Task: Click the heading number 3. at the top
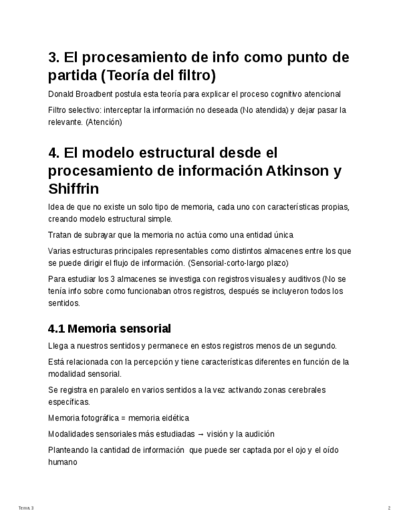[x=54, y=58]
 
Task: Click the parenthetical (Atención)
[x=104, y=122]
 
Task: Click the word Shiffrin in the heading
[x=73, y=189]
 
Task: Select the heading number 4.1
[x=56, y=329]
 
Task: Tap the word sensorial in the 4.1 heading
[x=144, y=329]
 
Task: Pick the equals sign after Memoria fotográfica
[x=122, y=418]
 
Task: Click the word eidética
[x=174, y=418]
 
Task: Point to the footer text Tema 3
[x=26, y=508]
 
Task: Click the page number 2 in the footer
[x=389, y=508]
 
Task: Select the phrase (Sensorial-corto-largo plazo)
[x=238, y=263]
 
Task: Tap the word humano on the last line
[x=62, y=462]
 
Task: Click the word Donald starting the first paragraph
[x=61, y=94]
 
